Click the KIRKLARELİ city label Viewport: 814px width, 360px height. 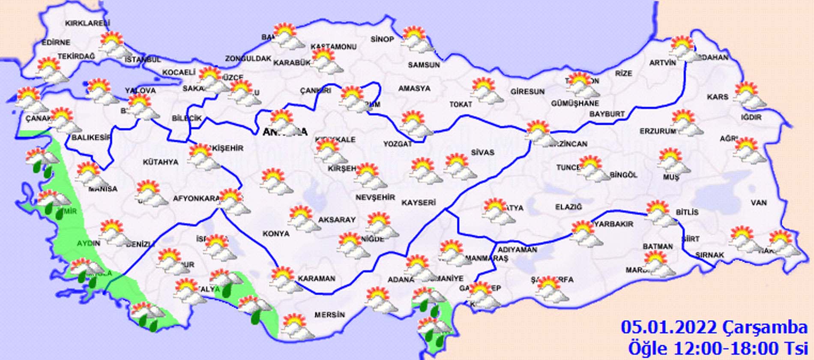coord(87,23)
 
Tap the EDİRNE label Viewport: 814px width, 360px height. coord(56,42)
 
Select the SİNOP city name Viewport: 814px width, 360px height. coord(382,39)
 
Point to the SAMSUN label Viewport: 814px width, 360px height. coord(424,65)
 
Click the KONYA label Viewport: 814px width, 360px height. coord(276,234)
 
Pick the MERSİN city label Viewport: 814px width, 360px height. coord(329,315)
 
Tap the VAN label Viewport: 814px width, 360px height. coord(759,203)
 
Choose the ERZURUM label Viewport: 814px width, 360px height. coord(658,131)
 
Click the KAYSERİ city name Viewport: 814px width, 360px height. coord(419,202)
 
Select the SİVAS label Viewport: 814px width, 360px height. coord(482,152)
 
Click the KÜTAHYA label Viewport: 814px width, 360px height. coord(160,162)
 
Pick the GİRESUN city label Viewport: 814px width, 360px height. coord(527,91)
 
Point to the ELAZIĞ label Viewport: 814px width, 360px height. coord(569,207)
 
